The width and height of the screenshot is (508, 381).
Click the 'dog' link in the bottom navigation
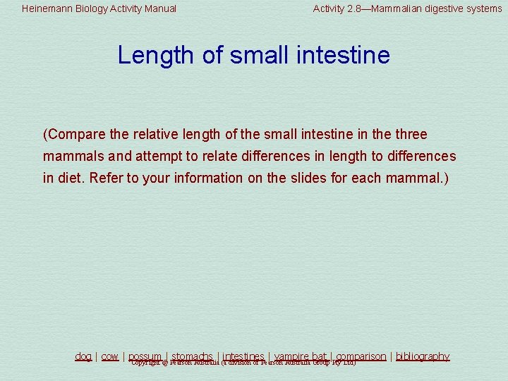click(x=83, y=356)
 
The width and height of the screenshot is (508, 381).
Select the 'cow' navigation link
click(x=109, y=356)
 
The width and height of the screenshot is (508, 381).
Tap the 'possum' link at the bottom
click(x=145, y=356)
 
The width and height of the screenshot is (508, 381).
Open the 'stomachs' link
click(x=192, y=356)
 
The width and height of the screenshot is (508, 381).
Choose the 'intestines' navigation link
click(x=243, y=356)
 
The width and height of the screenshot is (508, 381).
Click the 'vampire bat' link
click(x=300, y=356)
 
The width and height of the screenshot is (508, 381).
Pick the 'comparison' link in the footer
click(x=361, y=356)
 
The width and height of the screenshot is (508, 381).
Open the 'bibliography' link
click(x=422, y=356)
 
